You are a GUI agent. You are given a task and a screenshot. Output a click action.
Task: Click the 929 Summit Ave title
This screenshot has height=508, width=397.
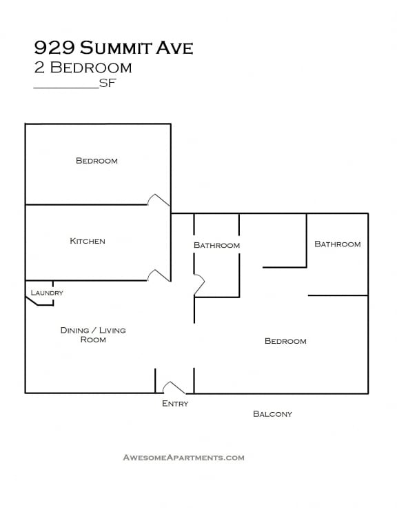coord(114,48)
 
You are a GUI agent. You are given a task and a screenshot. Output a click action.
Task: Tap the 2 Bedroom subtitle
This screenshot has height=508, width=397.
coord(83,68)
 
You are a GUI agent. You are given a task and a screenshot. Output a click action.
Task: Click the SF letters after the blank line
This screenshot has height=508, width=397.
coord(108,84)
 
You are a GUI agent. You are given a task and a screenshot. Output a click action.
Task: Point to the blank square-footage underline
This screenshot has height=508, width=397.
coord(66,88)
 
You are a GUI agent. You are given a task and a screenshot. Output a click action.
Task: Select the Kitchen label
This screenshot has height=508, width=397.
coord(88,241)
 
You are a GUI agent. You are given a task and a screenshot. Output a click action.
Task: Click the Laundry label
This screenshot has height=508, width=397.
coord(47,293)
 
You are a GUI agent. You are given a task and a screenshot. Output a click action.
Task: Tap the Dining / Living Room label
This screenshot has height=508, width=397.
coord(93,335)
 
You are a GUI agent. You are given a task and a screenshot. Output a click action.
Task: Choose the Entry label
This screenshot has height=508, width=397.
coord(175,403)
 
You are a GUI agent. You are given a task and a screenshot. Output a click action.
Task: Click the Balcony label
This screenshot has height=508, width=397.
coord(272,413)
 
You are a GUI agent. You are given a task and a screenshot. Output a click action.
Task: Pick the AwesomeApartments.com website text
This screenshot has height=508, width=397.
coord(183,458)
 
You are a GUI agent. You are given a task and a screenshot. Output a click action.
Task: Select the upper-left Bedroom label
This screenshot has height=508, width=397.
coord(96,161)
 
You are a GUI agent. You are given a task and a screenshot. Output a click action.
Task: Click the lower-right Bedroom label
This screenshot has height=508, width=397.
coord(285,341)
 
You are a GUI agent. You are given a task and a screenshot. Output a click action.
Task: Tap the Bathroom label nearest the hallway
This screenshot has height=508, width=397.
coord(217,245)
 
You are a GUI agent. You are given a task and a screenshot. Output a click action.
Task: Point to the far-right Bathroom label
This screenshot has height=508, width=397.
coord(338,244)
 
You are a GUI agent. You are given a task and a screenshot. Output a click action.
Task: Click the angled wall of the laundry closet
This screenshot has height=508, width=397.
coord(32,301)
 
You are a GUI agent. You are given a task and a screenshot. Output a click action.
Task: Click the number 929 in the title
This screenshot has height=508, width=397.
coord(55,48)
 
